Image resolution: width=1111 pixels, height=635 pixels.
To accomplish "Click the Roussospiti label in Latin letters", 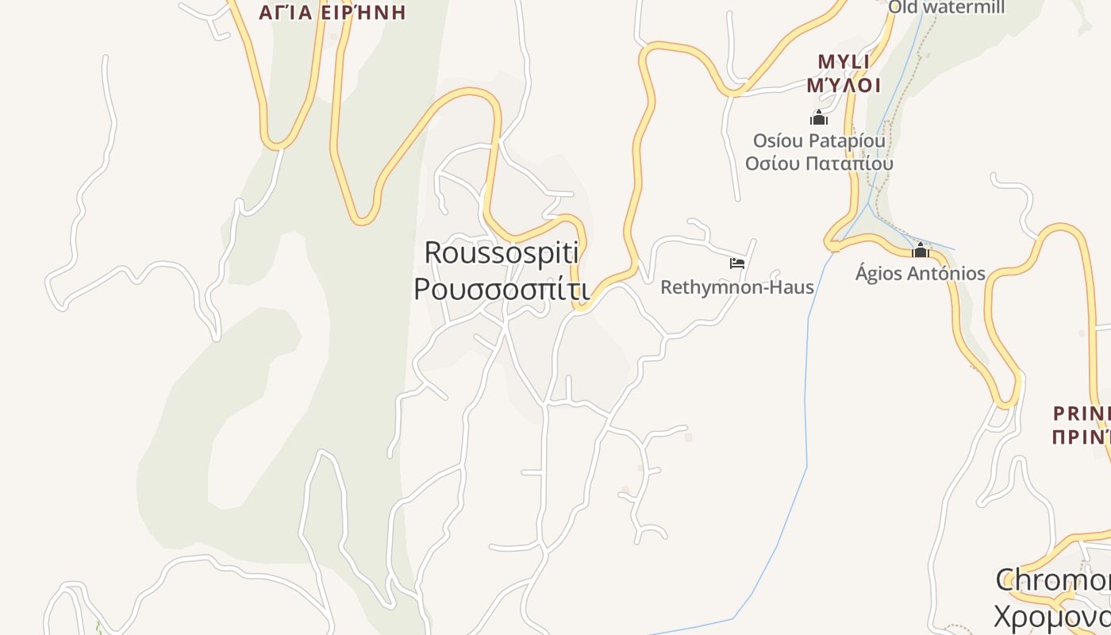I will point(502,253).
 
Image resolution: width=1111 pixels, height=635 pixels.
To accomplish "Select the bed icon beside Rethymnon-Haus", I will point(737,264).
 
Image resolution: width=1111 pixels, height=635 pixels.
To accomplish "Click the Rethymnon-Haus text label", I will point(737,287).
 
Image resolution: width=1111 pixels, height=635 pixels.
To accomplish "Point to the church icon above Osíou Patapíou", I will point(819,118).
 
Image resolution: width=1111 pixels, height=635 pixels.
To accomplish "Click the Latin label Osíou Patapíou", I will point(819,141).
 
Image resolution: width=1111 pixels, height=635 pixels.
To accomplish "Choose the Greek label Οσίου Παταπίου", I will point(819,164).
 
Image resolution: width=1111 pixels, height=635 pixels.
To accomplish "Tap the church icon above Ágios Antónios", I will point(921,251).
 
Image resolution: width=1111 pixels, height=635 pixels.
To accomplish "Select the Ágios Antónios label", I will point(921,274).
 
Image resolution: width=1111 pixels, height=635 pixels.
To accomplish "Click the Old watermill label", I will point(946,8).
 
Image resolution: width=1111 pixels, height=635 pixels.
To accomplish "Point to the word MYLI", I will point(844,62).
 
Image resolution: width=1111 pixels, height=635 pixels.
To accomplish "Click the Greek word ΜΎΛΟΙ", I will point(844,85).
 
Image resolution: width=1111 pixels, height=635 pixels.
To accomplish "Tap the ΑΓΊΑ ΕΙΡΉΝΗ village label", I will point(333,12).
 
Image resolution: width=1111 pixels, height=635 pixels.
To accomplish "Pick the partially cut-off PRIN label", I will point(1082,414).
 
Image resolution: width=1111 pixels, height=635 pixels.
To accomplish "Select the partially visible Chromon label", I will point(1052,580).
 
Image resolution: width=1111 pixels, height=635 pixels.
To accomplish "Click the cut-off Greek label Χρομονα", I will point(1052,615).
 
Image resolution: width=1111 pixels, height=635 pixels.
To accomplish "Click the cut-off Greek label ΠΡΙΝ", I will point(1082,437).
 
